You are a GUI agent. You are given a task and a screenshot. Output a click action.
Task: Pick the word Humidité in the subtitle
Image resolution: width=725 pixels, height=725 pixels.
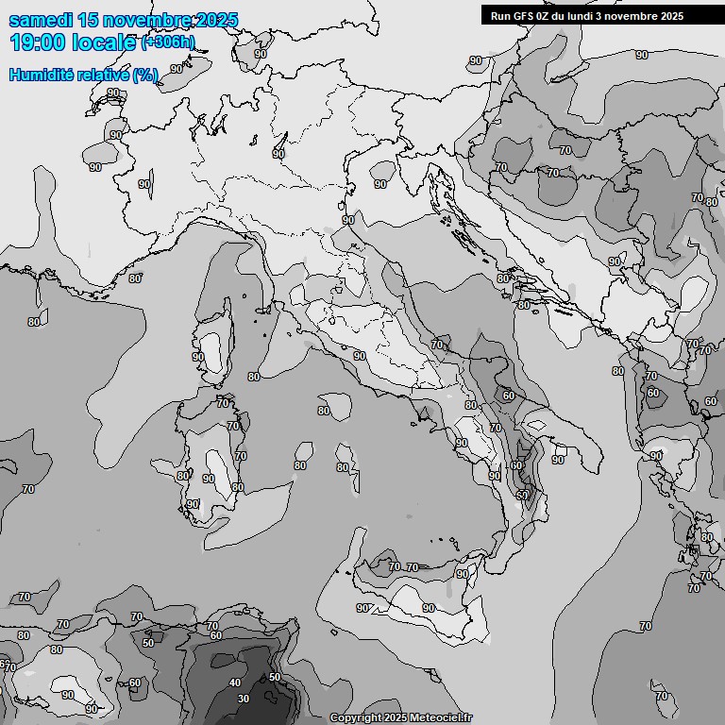(44, 75)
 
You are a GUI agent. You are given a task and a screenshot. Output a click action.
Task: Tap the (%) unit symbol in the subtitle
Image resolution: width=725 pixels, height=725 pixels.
(146, 75)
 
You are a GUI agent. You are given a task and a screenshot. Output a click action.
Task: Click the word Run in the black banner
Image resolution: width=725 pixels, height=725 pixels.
(500, 15)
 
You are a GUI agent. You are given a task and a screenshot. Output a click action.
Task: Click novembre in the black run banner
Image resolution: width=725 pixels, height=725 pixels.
(633, 15)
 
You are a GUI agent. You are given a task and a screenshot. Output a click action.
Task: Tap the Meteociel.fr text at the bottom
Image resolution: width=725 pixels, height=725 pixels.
(439, 718)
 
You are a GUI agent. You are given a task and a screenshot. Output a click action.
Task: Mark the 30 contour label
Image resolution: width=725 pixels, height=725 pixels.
(244, 699)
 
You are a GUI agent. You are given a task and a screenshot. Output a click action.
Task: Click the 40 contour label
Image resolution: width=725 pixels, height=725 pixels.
(235, 683)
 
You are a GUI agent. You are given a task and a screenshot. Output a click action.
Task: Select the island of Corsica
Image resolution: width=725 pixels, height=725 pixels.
(214, 345)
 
